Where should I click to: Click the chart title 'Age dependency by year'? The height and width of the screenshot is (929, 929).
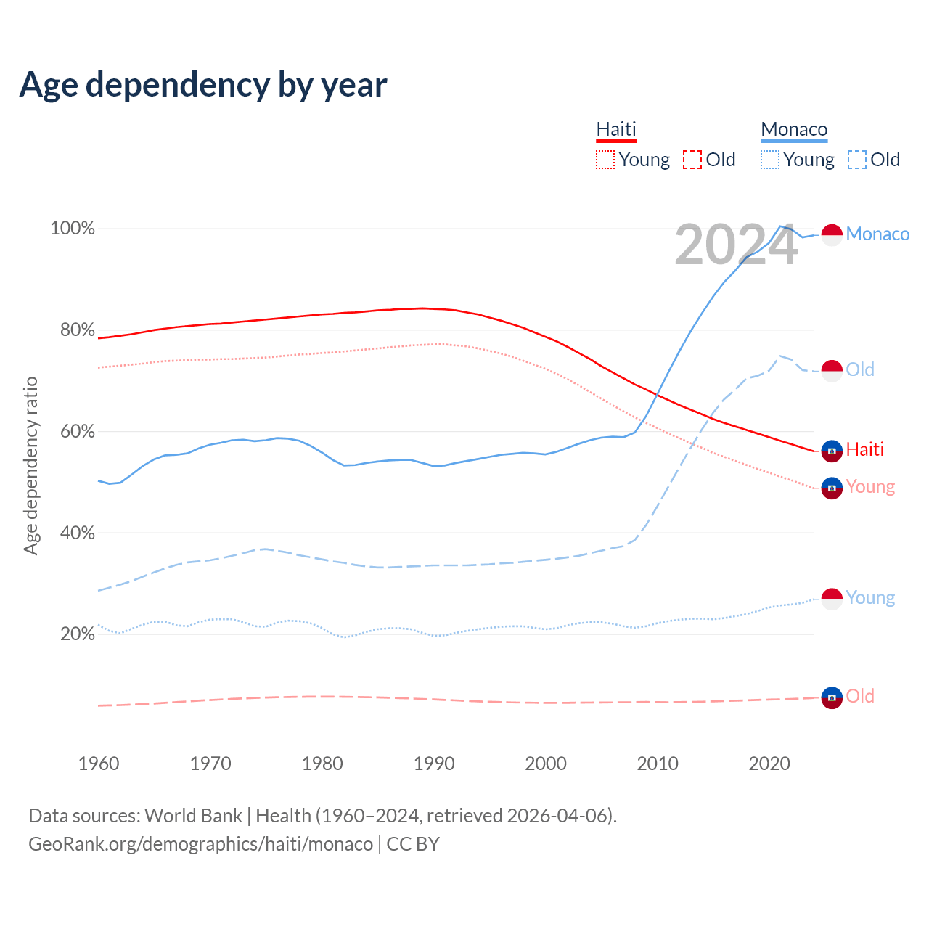(x=203, y=85)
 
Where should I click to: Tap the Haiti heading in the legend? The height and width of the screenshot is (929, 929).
(x=616, y=129)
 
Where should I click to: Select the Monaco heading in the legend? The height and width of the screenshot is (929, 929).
(x=794, y=129)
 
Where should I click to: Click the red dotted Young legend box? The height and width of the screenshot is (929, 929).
(x=605, y=160)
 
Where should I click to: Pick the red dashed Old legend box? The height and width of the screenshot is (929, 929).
(x=692, y=160)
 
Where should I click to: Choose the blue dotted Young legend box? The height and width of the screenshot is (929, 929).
(x=770, y=160)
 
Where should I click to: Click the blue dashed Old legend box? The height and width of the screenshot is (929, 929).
(x=857, y=160)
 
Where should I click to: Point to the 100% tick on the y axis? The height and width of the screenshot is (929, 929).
(x=73, y=229)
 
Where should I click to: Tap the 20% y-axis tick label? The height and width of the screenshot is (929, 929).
(x=77, y=634)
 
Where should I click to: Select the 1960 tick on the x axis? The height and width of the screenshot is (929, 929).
(x=99, y=764)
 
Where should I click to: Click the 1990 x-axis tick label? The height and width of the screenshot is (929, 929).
(x=434, y=764)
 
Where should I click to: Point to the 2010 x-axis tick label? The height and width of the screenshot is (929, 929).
(x=658, y=764)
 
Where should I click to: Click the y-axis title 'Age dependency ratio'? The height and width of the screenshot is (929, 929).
(x=30, y=465)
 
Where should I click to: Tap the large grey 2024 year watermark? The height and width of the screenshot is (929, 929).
(x=736, y=245)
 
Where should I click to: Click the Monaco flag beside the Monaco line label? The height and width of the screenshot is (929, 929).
(x=832, y=235)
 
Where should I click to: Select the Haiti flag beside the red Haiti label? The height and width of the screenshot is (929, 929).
(x=832, y=451)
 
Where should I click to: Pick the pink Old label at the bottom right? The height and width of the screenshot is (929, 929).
(x=860, y=696)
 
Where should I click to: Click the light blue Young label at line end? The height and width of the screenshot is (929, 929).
(x=870, y=598)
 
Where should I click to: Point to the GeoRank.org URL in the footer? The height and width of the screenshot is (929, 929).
(x=200, y=844)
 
